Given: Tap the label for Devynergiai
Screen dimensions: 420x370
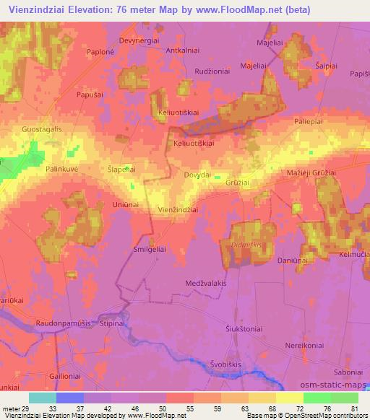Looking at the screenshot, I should click(139, 41).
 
